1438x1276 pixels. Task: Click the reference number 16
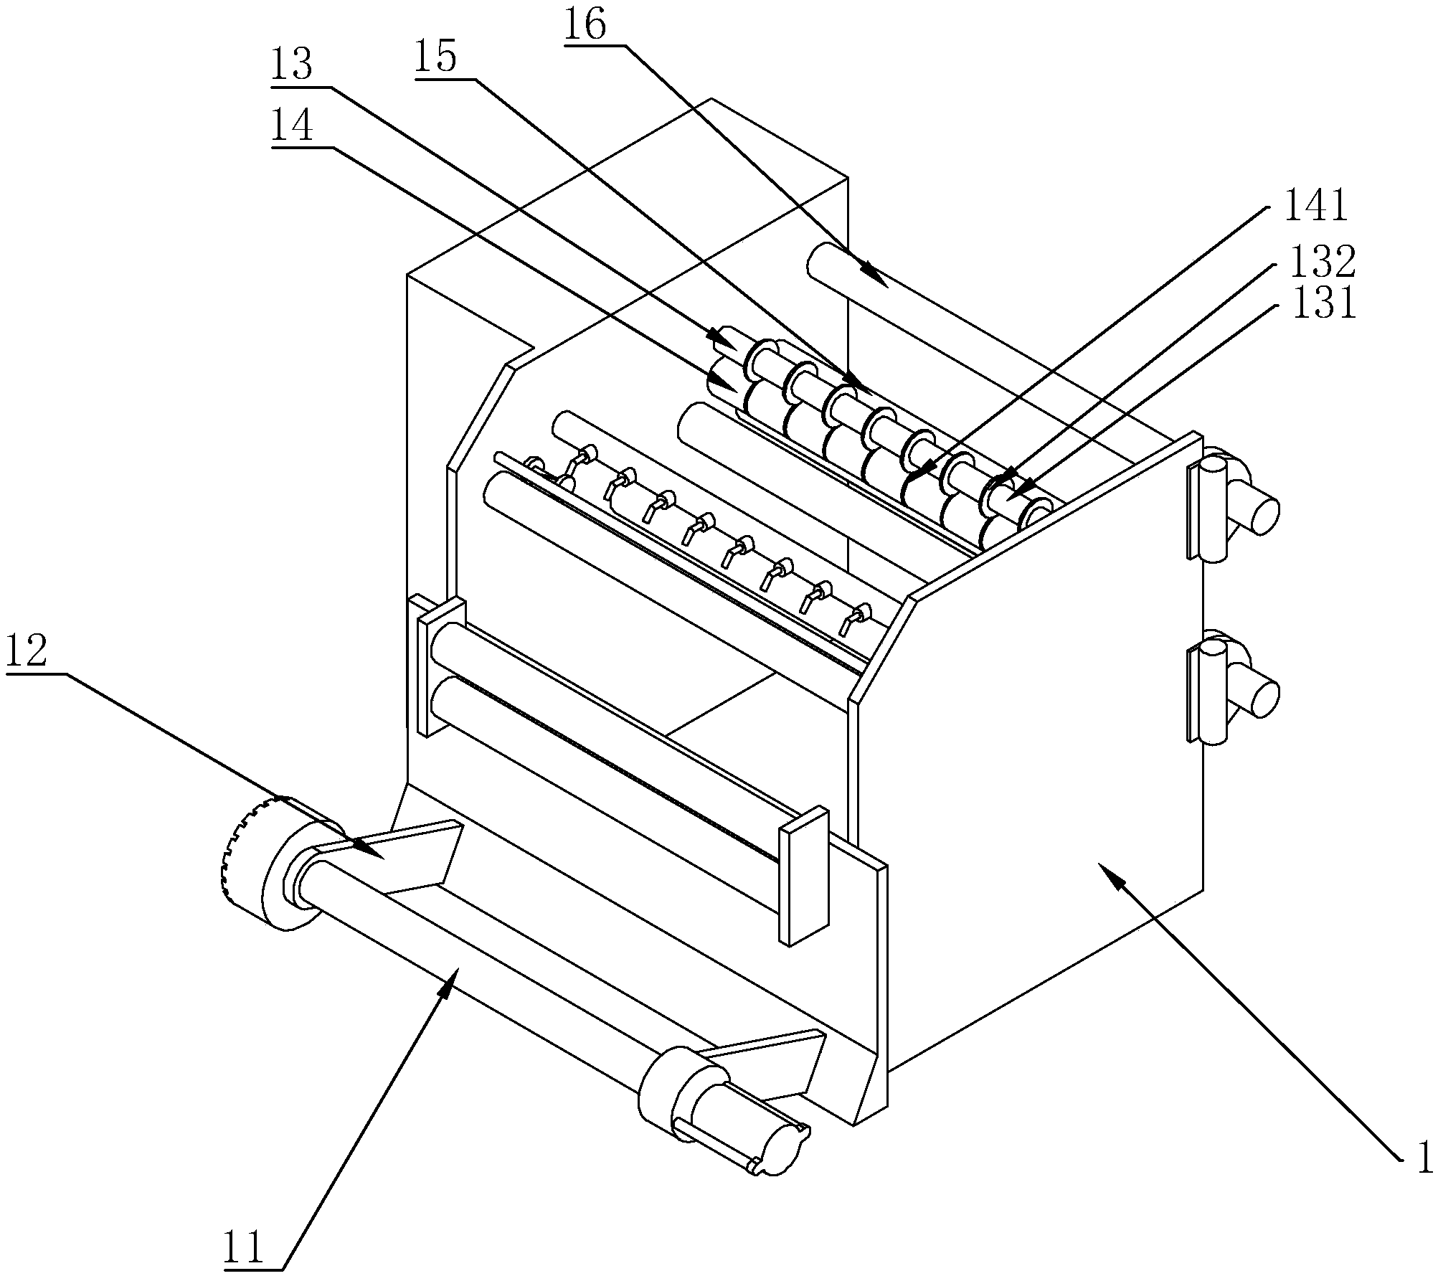pos(585,27)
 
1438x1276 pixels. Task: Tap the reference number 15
pos(435,58)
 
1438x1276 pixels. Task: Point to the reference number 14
pos(292,127)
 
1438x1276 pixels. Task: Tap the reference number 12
pos(27,652)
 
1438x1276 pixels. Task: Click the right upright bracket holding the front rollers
pos(804,876)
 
